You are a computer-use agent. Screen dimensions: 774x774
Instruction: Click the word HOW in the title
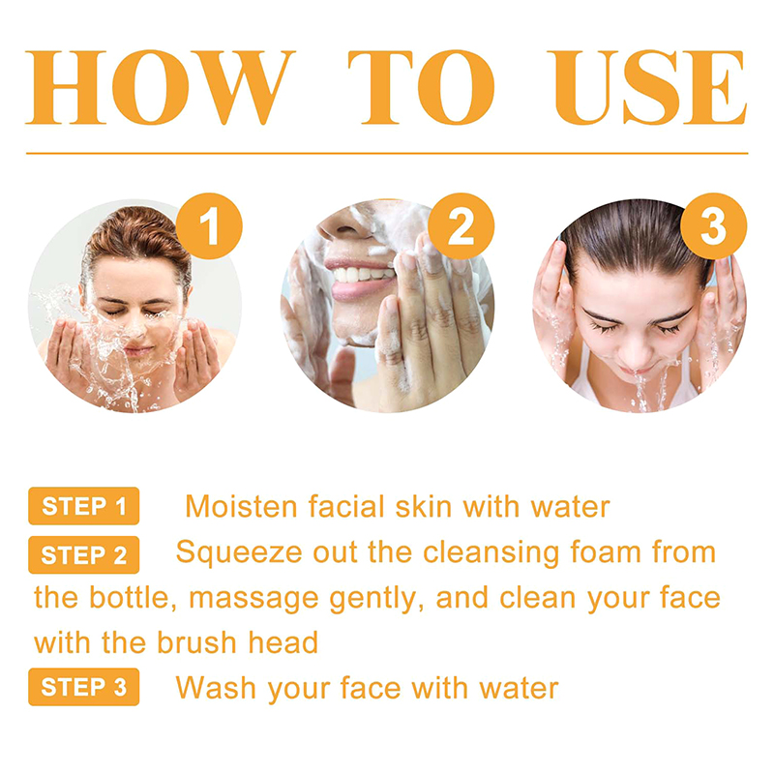coord(160,87)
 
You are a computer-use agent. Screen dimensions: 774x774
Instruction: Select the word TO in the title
coord(421,87)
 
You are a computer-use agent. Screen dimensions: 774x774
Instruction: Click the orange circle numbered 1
coord(209,226)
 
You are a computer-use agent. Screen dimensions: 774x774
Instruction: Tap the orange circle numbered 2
coord(461,226)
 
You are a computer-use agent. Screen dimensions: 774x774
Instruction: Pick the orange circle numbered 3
coord(713,226)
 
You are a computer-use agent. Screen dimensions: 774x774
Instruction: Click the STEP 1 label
coord(84,506)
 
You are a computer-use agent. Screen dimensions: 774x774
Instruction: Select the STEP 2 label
coord(84,554)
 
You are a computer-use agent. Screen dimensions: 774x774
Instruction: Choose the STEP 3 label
coord(84,687)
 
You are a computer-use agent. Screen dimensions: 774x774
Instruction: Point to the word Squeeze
coord(239,552)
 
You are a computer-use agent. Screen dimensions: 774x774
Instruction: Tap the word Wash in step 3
coord(216,688)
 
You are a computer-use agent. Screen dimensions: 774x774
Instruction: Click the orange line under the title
coord(387,154)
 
